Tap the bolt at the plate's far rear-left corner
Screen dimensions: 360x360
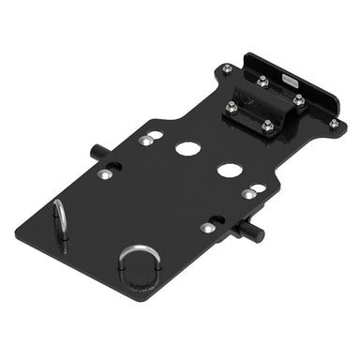228,67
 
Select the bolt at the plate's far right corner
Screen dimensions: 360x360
333,123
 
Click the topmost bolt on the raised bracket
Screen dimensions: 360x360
263,82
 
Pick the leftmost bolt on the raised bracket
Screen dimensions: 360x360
231,104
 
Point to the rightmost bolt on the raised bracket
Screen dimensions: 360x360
299,97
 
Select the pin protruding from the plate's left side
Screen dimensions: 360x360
97,151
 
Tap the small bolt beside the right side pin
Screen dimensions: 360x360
206,228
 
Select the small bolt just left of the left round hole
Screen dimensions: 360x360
145,142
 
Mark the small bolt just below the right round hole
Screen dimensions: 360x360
247,194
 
